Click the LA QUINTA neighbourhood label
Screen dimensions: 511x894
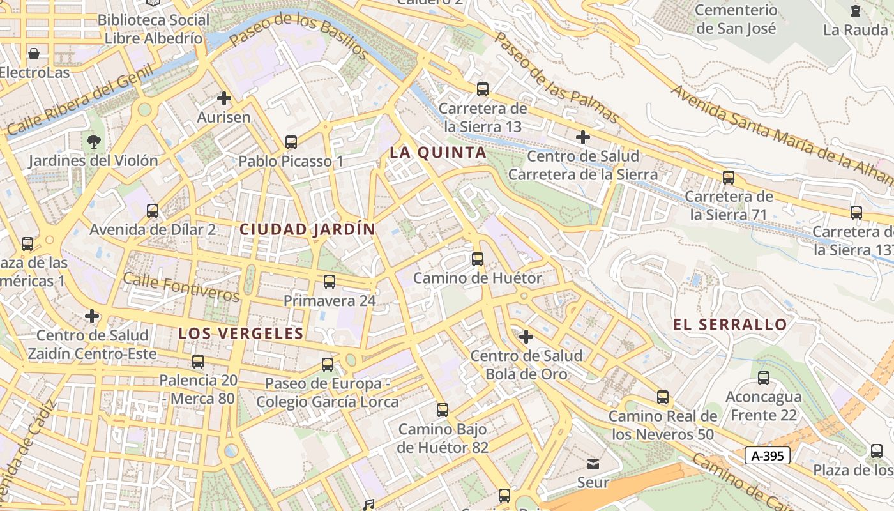point(438,153)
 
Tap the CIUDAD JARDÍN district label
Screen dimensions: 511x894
point(307,229)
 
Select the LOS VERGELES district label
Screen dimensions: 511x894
point(241,333)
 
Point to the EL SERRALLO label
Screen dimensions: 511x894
point(730,324)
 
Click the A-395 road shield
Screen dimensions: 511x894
point(767,455)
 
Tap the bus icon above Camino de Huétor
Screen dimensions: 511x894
point(477,259)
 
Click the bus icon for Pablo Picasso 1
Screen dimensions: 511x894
point(291,142)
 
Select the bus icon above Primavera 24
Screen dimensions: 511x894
point(330,281)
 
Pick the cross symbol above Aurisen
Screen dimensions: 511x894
point(223,98)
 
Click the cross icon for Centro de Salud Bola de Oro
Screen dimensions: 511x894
point(526,336)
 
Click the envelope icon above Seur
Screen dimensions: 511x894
point(593,463)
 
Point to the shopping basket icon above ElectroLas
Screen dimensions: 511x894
point(34,53)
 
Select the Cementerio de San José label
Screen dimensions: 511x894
point(736,19)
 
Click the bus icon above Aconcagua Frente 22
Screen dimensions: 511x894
point(764,378)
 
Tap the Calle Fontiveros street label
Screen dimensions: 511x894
point(181,287)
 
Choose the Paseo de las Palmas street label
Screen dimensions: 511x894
point(556,78)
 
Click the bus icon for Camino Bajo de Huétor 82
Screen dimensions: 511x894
point(443,409)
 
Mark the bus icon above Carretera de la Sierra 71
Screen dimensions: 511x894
point(729,177)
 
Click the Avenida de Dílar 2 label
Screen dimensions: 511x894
point(153,229)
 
